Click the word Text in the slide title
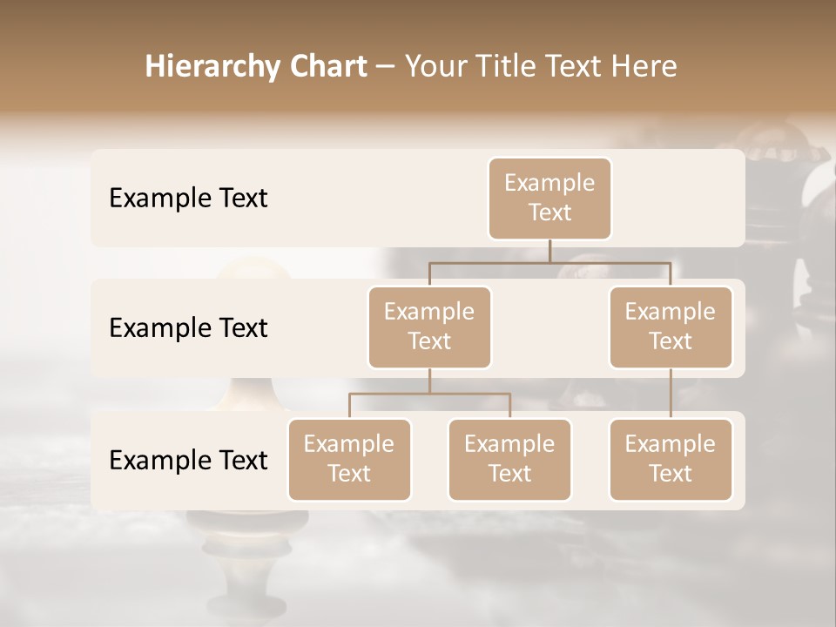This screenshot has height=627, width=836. pyautogui.click(x=575, y=67)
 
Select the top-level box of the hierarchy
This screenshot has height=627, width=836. pyautogui.click(x=549, y=198)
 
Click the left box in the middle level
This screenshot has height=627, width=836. pyautogui.click(x=429, y=327)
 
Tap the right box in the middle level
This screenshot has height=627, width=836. pyautogui.click(x=671, y=327)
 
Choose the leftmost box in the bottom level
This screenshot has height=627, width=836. pyautogui.click(x=349, y=459)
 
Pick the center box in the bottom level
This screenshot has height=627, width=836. pyautogui.click(x=509, y=459)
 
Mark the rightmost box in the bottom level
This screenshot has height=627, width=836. pyautogui.click(x=671, y=459)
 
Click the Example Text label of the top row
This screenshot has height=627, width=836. pyautogui.click(x=188, y=199)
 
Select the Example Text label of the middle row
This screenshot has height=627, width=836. pyautogui.click(x=188, y=328)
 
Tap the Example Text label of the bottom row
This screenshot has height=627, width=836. pyautogui.click(x=188, y=460)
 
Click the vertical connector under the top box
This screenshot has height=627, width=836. pyautogui.click(x=549, y=251)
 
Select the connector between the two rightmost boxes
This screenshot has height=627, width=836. pyautogui.click(x=671, y=394)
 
